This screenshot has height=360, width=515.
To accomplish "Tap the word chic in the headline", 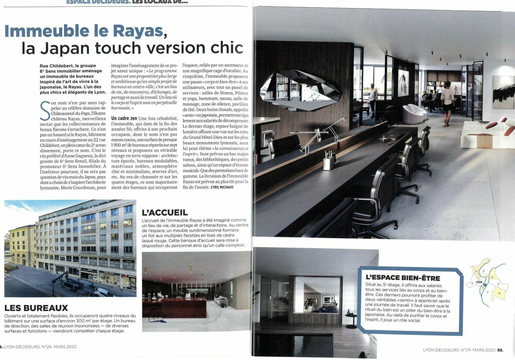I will click(x=227, y=48).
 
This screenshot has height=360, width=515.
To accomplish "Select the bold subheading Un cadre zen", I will click(x=124, y=118).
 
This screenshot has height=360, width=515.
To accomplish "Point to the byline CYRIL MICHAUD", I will click(x=222, y=187).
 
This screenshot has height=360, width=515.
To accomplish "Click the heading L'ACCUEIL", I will click(x=165, y=212).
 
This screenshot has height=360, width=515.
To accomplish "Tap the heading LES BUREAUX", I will click(x=36, y=308).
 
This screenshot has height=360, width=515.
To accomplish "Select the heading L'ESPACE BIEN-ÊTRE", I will click(x=403, y=278).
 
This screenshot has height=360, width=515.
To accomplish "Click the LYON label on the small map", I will click(x=479, y=282).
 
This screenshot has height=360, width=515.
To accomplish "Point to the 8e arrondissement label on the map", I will click(x=499, y=293).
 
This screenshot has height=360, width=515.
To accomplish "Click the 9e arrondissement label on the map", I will click(x=476, y=271).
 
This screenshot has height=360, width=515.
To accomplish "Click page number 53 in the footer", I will click(x=500, y=350).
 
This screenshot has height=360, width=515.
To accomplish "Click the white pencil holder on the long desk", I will click(x=329, y=161).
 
